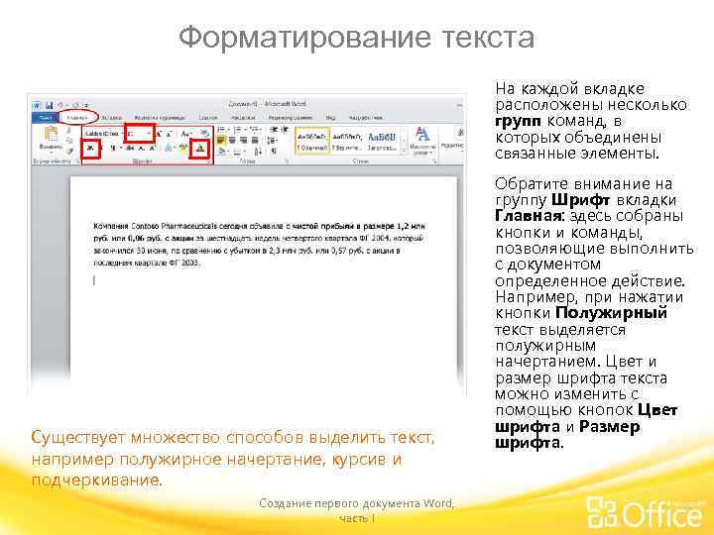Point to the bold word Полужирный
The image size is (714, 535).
point(624,312)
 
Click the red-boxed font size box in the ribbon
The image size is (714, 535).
point(138,132)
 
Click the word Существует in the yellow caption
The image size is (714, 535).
point(76,437)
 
